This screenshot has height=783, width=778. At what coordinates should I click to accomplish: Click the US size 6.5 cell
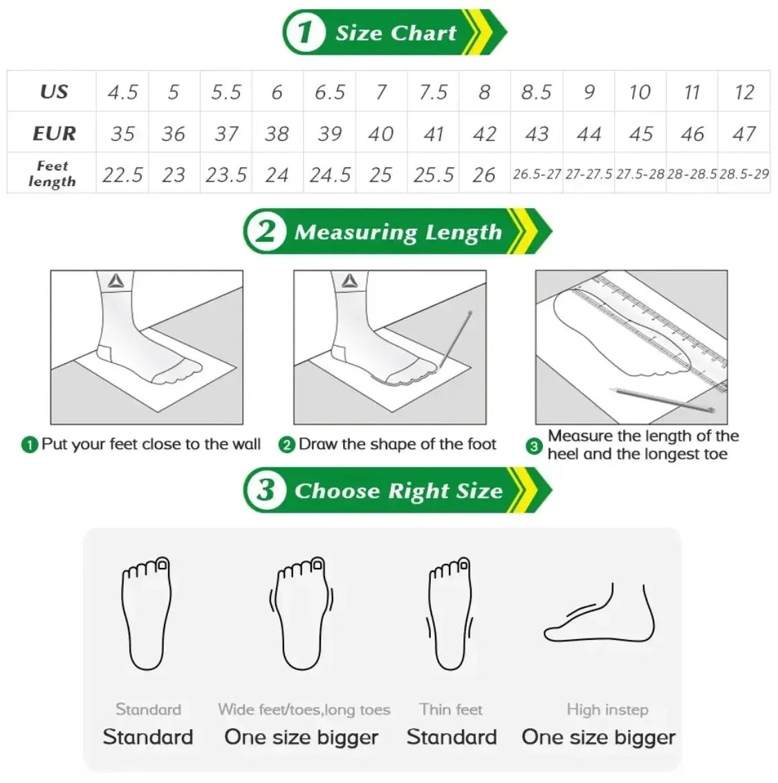tap(330, 91)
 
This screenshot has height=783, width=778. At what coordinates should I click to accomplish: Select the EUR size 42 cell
tap(484, 133)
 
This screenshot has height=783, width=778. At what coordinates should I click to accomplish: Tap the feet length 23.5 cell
tap(226, 174)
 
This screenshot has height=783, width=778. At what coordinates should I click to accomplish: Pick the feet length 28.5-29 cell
tap(744, 174)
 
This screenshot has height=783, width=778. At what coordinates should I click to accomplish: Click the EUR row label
tap(54, 133)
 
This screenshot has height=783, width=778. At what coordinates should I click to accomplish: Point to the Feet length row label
tap(52, 174)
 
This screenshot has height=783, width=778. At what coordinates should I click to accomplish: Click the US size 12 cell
tap(744, 91)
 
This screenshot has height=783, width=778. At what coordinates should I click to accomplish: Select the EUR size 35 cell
tap(122, 133)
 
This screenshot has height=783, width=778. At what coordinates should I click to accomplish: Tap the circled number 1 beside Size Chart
tap(304, 32)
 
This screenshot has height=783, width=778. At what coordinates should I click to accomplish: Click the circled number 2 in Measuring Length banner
tap(266, 231)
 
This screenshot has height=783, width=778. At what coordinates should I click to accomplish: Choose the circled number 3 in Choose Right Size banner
tap(266, 490)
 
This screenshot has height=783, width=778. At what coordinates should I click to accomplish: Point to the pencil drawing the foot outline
tap(455, 340)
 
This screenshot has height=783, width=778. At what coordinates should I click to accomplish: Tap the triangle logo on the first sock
tap(116, 281)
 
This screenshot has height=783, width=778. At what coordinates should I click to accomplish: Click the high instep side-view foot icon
tap(599, 613)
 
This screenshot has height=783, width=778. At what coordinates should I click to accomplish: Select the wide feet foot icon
tap(301, 614)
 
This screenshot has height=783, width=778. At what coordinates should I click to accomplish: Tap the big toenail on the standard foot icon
tap(163, 565)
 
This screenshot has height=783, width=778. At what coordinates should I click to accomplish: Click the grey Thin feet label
tap(451, 709)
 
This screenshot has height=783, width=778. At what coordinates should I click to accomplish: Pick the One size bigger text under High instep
tap(599, 737)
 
